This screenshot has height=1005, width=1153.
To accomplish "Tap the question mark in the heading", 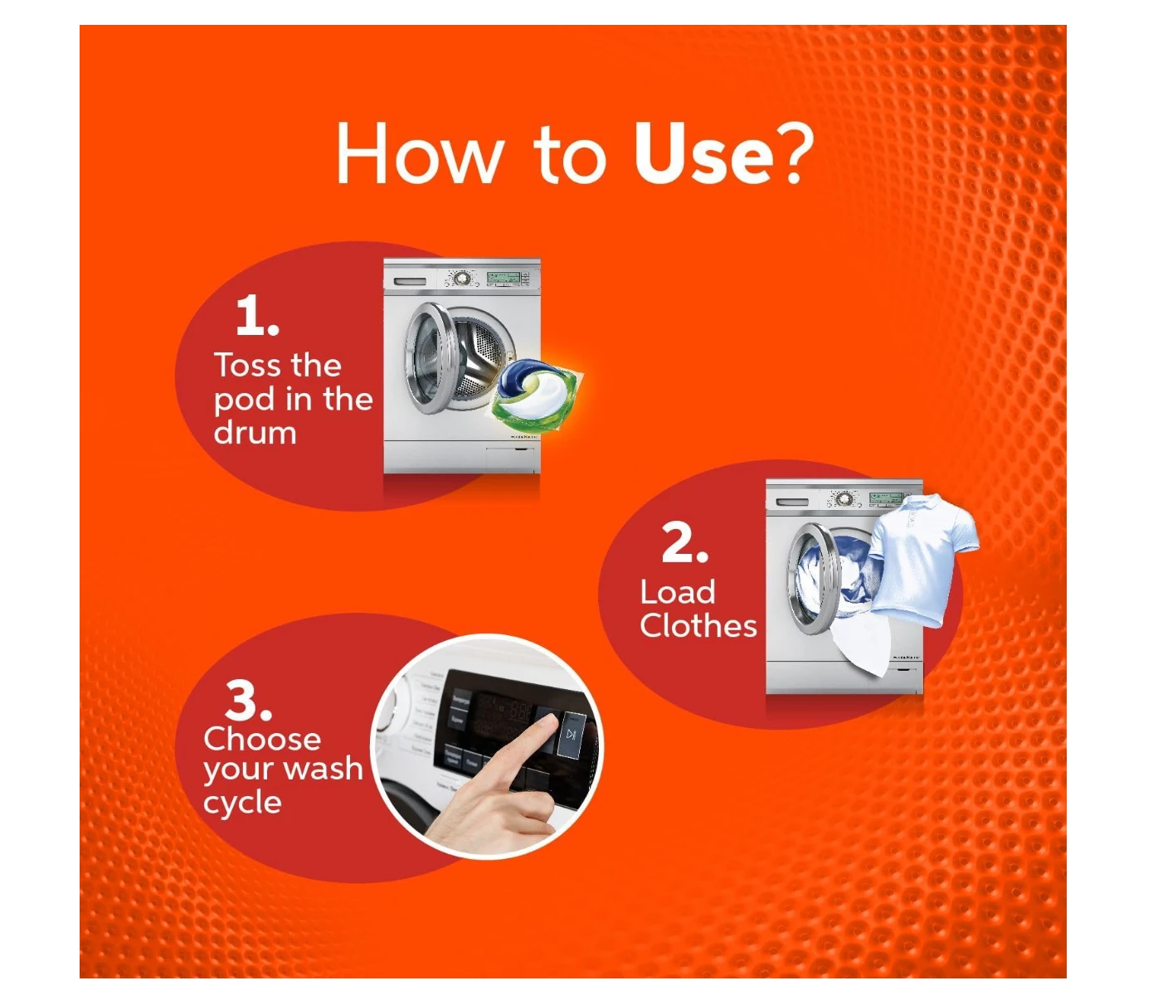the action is click(x=796, y=153).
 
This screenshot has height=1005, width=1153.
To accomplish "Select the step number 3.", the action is click(x=249, y=700).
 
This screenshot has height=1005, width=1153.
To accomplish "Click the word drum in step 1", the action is click(x=255, y=433).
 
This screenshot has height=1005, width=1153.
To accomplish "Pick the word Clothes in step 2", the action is click(x=698, y=626).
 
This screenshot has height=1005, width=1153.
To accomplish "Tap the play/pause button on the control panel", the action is click(x=571, y=735).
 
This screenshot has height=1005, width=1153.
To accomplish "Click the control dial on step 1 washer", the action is click(x=461, y=278).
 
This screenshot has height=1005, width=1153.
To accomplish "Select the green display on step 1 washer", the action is click(x=504, y=277).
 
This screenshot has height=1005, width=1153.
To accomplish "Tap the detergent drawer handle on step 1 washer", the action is click(x=410, y=281).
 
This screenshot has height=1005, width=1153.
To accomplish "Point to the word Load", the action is click(x=678, y=592).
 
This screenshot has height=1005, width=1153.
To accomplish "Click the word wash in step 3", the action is click(x=325, y=769).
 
